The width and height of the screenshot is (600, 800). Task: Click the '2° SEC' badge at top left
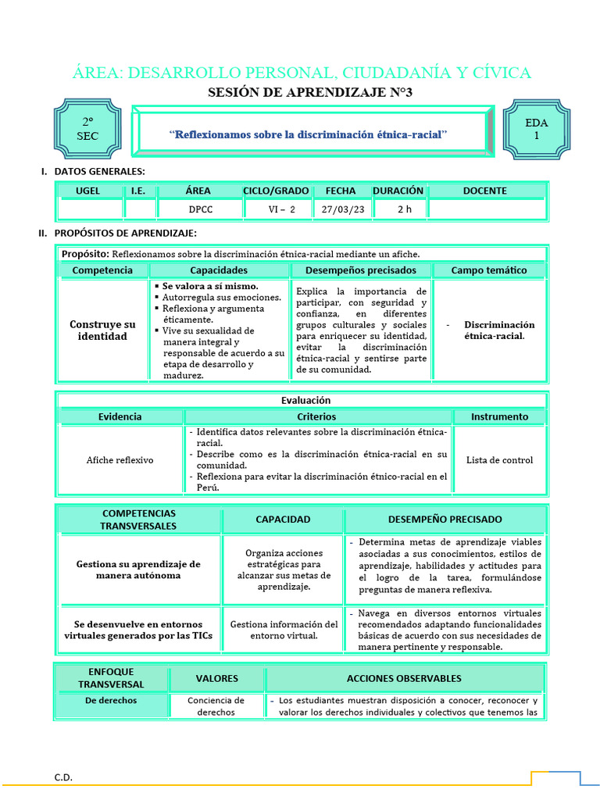tap(87, 130)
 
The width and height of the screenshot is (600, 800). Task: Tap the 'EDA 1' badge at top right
tap(536, 129)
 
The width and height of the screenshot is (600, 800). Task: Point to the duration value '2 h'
tap(404, 209)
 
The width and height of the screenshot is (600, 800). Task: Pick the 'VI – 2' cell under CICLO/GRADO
tap(277, 209)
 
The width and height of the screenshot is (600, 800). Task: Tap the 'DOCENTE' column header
tap(484, 191)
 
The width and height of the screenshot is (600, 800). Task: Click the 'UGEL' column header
tap(87, 191)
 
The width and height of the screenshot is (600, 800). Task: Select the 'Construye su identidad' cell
tap(102, 330)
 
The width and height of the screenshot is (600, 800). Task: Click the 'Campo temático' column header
tap(489, 270)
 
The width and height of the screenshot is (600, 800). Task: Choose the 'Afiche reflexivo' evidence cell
tap(120, 460)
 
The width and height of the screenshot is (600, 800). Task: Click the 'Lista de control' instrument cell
tap(499, 460)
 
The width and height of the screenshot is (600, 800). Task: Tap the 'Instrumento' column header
tap(499, 416)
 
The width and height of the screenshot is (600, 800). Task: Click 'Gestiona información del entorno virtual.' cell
tap(284, 630)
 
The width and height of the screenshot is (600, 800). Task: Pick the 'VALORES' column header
tap(216, 678)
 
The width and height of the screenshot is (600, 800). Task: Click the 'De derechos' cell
tap(111, 701)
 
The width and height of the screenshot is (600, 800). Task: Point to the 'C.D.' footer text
tap(63, 777)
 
